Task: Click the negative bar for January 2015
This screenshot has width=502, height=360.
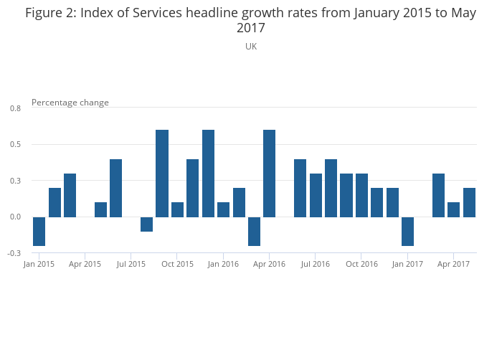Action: tap(39, 231)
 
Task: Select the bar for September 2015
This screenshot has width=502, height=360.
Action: tap(162, 173)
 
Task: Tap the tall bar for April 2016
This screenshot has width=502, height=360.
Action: tap(270, 173)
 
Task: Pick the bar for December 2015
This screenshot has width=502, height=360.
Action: tap(208, 173)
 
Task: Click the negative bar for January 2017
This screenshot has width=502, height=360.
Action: tap(408, 231)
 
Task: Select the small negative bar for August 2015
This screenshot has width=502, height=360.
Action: tap(147, 224)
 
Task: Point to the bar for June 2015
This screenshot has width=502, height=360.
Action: tap(116, 188)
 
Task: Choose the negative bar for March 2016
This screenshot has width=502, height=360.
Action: tap(254, 231)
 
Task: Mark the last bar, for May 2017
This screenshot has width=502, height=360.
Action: tap(470, 202)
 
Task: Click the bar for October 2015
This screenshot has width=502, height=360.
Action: tap(178, 209)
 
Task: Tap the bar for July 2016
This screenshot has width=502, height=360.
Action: tap(316, 195)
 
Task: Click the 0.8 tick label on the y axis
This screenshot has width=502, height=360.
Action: tap(15, 108)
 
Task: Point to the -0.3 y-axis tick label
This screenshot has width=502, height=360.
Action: tap(14, 253)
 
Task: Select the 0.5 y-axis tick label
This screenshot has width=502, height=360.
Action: tap(15, 144)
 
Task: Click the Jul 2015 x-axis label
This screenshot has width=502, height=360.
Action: tap(131, 264)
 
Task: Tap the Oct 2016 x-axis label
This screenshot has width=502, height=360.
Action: tap(361, 264)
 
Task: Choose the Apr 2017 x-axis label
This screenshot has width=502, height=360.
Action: tap(454, 264)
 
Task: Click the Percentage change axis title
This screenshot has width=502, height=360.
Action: tap(70, 103)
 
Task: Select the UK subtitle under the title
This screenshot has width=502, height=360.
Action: tap(251, 46)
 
